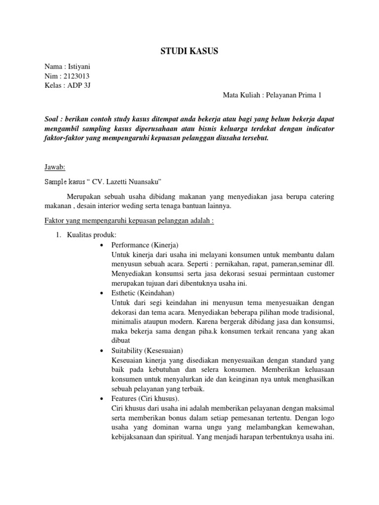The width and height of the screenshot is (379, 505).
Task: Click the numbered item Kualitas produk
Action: (x=88, y=235)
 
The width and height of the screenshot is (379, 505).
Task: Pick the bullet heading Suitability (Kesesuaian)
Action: (x=147, y=351)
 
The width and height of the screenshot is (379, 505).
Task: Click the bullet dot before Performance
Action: (x=101, y=245)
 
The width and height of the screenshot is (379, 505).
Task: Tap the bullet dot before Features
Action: (x=101, y=398)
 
